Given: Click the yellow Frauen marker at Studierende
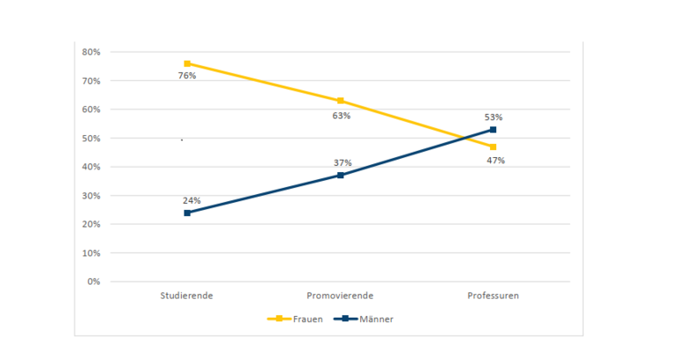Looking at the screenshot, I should coord(187,63).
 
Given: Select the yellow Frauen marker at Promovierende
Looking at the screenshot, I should coord(341,101).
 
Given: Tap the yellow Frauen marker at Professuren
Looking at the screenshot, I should coord(494,147).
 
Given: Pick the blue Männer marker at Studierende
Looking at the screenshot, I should coord(187,212).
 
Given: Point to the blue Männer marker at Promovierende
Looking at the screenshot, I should coord(341,175).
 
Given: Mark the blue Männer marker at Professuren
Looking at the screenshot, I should coord(494,129).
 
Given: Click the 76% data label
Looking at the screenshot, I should coord(187,76).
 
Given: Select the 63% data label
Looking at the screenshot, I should coord(342,115).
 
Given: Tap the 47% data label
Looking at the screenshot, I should coord(495,161).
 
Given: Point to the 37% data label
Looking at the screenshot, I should coord(342,162).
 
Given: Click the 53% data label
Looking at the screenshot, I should coord(494,117).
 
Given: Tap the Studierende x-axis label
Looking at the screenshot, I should coord(187,296).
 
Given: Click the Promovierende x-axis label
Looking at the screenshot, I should coord(341,296).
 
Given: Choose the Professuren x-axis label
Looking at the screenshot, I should coord(493,296).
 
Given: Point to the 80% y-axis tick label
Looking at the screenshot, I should coord(91,52).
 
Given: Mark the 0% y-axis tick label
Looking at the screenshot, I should coord(94,282).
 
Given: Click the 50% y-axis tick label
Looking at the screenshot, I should coord(91,138).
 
